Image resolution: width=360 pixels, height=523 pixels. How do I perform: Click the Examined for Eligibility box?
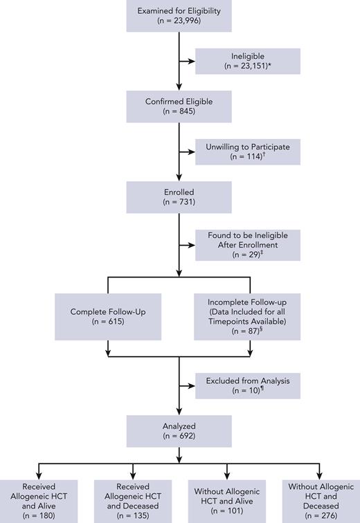pos(179,16)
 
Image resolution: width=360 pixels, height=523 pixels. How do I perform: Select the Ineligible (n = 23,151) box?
pos(248,61)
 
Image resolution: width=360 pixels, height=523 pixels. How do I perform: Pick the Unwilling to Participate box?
pos(248,151)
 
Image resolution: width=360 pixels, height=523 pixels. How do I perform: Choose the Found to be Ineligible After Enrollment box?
pos(248,246)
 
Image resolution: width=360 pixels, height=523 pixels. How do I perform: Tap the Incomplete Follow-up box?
pos(248,316)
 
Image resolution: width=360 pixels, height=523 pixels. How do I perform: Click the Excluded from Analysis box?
pos(248,385)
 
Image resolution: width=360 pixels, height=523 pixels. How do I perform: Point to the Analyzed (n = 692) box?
pos(179,432)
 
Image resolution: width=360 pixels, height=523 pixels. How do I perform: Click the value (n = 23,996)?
pos(179,21)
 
